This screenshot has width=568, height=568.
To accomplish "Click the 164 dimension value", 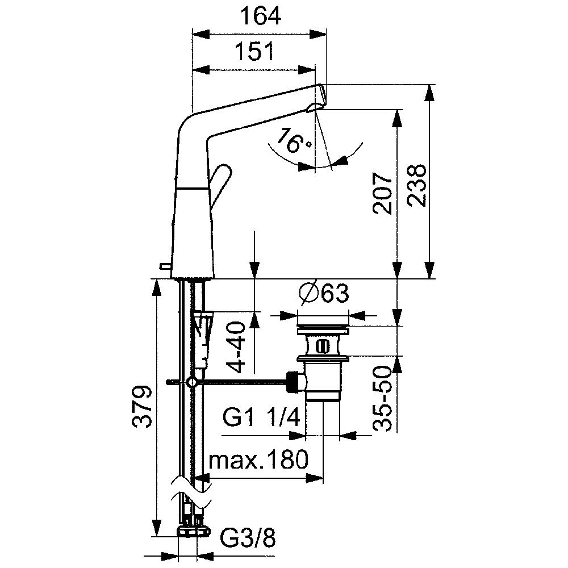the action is point(261,16).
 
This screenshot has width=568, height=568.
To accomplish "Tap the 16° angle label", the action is point(293,140).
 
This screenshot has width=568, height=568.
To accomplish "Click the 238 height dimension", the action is point(416,185).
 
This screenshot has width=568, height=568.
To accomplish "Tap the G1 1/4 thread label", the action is point(261,417).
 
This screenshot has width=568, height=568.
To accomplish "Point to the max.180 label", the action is point(258,460).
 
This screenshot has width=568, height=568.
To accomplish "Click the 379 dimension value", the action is point(141,406).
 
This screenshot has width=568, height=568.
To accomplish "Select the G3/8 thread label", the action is point(248,540).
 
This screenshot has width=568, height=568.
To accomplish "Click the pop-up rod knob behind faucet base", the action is point(165,266).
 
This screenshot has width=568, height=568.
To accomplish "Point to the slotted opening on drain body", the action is point(320,345).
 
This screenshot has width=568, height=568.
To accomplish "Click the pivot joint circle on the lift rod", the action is point(191,382).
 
